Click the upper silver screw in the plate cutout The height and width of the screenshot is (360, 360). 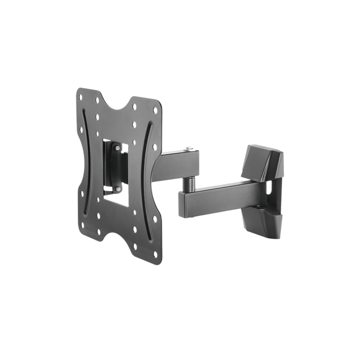tap(117, 146)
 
